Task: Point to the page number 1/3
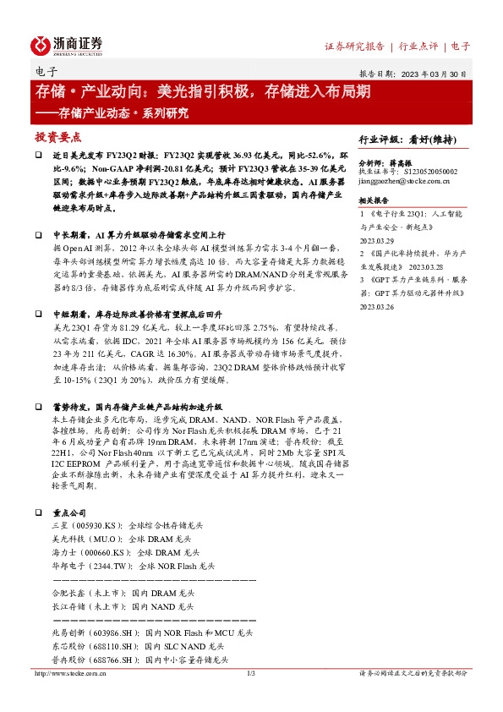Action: (251, 673)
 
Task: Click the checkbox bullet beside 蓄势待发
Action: (40, 430)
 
